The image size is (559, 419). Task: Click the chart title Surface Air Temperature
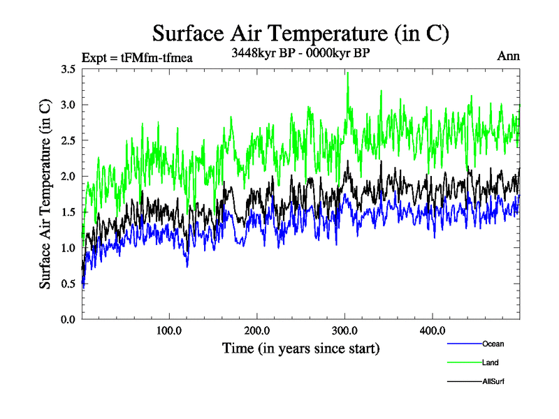[300, 34]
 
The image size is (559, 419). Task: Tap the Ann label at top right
[508, 56]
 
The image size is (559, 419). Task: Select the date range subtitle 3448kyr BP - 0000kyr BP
[300, 52]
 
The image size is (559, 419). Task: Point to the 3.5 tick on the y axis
[68, 69]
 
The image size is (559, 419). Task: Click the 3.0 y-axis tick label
[68, 105]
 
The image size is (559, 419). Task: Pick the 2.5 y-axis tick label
[68, 140]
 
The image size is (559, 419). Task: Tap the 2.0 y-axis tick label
[68, 176]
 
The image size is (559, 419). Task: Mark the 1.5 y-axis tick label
[68, 212]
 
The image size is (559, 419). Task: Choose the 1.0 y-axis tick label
[68, 248]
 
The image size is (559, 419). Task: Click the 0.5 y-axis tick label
[68, 284]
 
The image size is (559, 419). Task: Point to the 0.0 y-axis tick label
[68, 319]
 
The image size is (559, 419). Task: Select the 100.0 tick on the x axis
[169, 330]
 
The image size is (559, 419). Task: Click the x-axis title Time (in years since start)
[301, 348]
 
